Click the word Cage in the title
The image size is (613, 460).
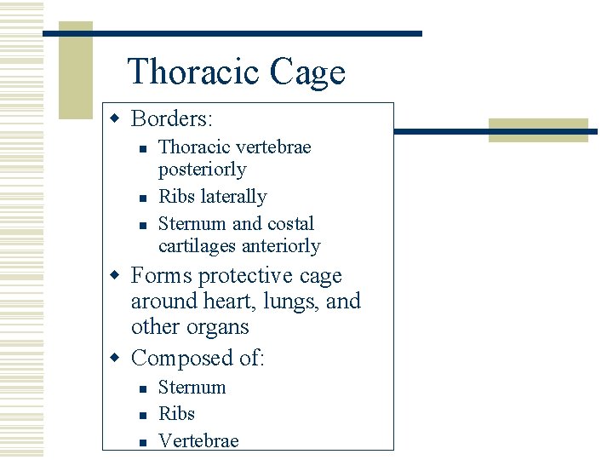pos(308,72)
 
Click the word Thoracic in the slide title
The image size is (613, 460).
pos(194,72)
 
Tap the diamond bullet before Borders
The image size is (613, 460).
pos(120,118)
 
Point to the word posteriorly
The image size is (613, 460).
pos(202,170)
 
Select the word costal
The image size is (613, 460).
pos(290,224)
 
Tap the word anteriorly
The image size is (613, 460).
pos(281,246)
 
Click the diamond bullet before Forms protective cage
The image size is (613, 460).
pos(120,276)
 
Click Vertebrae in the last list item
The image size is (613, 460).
pos(198,440)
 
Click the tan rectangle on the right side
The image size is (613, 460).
pos(538,130)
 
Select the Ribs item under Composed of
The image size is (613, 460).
pos(176,414)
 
